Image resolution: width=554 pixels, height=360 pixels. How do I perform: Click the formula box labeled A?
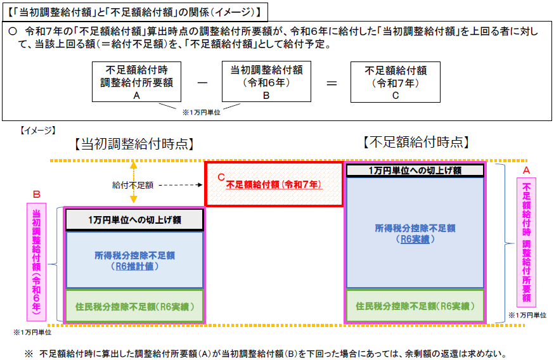(x=136, y=82)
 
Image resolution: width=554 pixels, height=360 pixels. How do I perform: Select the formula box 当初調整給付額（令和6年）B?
(x=266, y=82)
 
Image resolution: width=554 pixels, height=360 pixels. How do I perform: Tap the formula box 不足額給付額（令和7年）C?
(x=396, y=82)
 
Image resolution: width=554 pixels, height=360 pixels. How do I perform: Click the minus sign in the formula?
(x=202, y=82)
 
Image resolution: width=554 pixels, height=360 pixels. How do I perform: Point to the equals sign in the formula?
(x=332, y=84)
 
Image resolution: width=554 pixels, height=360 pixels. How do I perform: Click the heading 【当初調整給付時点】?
(x=134, y=144)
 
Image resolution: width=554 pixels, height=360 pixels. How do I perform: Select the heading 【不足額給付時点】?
(x=416, y=142)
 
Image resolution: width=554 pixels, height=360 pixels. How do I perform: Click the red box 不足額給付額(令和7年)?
(x=274, y=184)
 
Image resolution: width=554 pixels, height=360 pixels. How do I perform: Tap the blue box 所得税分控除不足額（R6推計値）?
(x=134, y=260)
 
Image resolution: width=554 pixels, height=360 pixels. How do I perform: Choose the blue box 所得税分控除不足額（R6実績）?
(x=415, y=233)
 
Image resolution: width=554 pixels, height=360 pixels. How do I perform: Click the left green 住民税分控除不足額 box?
(x=134, y=306)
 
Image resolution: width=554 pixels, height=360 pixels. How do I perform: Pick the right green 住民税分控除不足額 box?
(x=415, y=306)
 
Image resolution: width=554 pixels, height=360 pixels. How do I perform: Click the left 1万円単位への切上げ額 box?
(x=134, y=220)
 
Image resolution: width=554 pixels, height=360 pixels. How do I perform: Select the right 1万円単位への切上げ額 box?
(x=415, y=170)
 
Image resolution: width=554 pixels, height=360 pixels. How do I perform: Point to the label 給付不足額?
(x=133, y=185)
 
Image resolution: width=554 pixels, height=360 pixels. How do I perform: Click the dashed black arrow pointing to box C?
(x=181, y=185)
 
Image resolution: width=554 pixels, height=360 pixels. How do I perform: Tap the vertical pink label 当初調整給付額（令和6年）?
(x=36, y=262)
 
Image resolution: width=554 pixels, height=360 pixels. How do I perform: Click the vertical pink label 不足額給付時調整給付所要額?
(x=527, y=242)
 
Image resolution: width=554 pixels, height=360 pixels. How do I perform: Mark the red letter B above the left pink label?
(x=36, y=195)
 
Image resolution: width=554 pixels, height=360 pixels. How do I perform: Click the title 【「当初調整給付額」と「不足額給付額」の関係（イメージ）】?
(x=134, y=13)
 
